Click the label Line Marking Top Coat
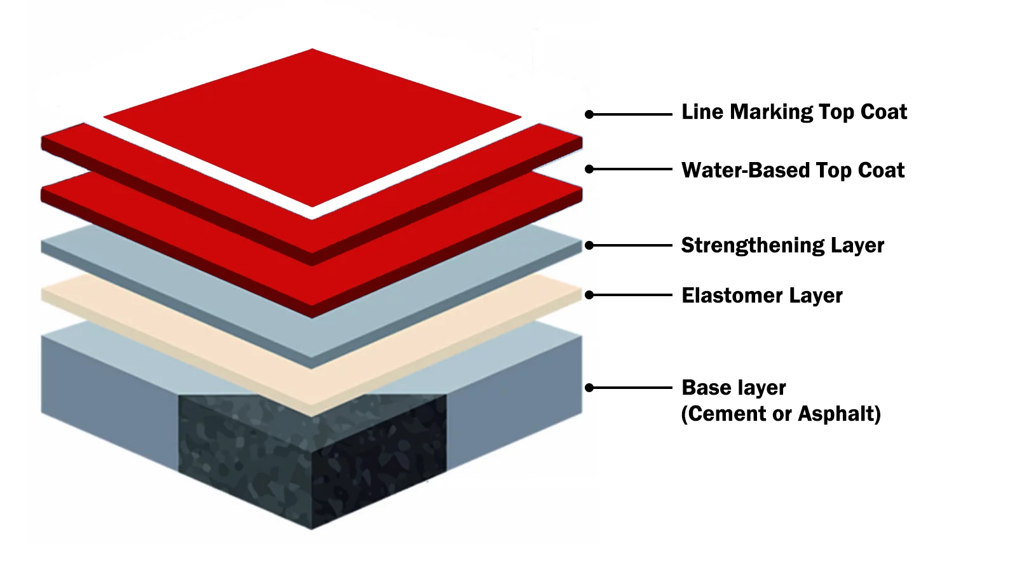794,112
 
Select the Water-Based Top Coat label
793,170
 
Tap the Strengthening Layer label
782,245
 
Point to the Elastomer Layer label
761,296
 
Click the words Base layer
734,388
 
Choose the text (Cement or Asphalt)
781,414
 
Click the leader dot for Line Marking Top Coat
589,114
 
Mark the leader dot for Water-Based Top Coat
589,169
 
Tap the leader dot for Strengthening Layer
589,245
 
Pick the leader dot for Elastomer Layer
589,295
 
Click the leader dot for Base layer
589,388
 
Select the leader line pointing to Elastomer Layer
632,295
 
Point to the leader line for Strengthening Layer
632,245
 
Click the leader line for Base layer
632,388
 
